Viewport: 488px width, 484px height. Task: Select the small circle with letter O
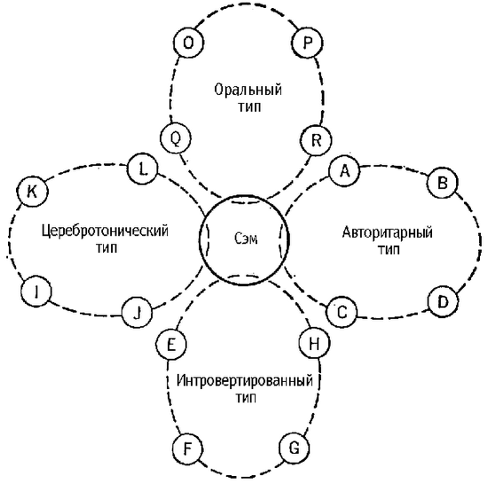[x=188, y=43]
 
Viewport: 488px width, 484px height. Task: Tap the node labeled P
[x=307, y=43]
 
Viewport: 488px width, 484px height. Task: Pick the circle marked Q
[x=176, y=138]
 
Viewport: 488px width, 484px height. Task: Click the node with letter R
[x=316, y=140]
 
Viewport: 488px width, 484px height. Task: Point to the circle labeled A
[x=344, y=171]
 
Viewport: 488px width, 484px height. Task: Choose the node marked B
[x=442, y=183]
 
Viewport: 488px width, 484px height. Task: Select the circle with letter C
[x=342, y=312]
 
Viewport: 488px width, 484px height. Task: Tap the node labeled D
[x=443, y=301]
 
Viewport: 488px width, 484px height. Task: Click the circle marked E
[x=171, y=345]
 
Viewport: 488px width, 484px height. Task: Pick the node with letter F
[x=187, y=449]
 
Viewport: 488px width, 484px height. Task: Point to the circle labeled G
[x=294, y=448]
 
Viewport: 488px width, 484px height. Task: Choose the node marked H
[x=314, y=343]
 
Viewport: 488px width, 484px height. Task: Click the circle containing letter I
[x=36, y=292]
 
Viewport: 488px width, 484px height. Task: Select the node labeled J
[x=137, y=312]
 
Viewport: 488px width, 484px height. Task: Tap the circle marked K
[x=32, y=191]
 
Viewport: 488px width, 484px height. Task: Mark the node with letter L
[x=143, y=169]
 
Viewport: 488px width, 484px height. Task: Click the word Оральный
[x=248, y=90]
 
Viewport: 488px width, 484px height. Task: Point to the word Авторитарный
[x=387, y=232]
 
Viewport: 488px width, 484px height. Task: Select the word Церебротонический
[x=105, y=231]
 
